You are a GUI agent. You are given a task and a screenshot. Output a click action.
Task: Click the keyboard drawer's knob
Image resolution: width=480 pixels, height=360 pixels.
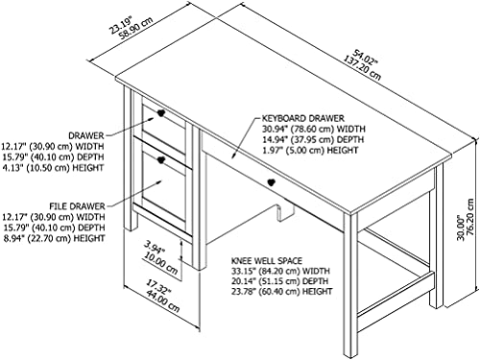tap(272, 180)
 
